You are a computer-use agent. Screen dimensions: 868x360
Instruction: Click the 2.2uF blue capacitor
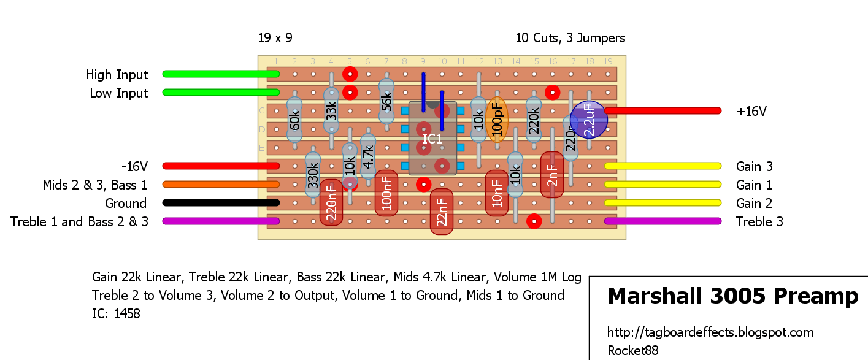pyautogui.click(x=589, y=120)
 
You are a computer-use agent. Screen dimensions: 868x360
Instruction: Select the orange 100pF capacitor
pyautogui.click(x=497, y=120)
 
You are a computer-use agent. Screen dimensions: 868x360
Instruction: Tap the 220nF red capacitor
pyautogui.click(x=331, y=202)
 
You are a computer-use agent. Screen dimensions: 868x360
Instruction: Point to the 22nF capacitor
pyautogui.click(x=442, y=212)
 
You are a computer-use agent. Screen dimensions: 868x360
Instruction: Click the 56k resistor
pyautogui.click(x=386, y=102)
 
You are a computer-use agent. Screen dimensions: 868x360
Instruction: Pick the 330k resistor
pyautogui.click(x=313, y=175)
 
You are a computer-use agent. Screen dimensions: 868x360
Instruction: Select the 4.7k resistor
pyautogui.click(x=367, y=156)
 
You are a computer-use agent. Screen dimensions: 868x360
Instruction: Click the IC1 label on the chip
pyautogui.click(x=432, y=139)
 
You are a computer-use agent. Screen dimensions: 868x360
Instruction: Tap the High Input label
pyautogui.click(x=117, y=74)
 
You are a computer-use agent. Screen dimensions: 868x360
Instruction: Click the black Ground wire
pyautogui.click(x=221, y=202)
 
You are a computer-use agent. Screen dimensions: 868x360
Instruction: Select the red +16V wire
pyautogui.click(x=663, y=111)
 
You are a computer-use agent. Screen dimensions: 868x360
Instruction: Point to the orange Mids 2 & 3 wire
pyautogui.click(x=221, y=185)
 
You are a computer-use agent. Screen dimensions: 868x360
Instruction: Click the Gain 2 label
pyautogui.click(x=754, y=203)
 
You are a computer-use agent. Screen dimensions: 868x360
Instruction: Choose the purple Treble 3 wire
pyautogui.click(x=663, y=221)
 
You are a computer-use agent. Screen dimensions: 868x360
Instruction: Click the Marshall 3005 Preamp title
pyautogui.click(x=733, y=296)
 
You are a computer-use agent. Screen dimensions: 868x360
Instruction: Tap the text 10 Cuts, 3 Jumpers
pyautogui.click(x=570, y=38)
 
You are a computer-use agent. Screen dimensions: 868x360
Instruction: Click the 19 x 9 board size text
pyautogui.click(x=275, y=38)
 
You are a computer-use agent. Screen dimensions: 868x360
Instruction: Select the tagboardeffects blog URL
pyautogui.click(x=710, y=332)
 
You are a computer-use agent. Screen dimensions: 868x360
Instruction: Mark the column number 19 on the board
pyautogui.click(x=607, y=61)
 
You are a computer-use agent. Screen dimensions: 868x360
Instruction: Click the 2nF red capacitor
pyautogui.click(x=552, y=175)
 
